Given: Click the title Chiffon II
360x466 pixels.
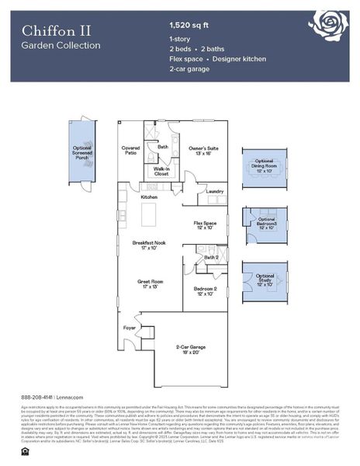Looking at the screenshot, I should coord(56,30).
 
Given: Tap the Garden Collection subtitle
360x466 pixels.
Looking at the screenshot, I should coord(61,46).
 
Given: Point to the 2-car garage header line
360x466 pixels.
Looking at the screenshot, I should coord(189,69).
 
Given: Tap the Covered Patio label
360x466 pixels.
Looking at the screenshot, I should coord(130,150).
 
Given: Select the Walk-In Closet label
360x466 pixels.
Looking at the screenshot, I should coord(161,171).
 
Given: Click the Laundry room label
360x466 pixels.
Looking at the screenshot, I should coord(215,191).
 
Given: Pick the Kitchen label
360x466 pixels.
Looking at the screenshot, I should coord(149,197).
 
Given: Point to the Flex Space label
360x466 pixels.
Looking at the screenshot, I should coord(205,225).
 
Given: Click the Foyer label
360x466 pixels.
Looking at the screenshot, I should coord(129,328).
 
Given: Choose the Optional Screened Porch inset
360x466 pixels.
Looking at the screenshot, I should coord(81,152).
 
